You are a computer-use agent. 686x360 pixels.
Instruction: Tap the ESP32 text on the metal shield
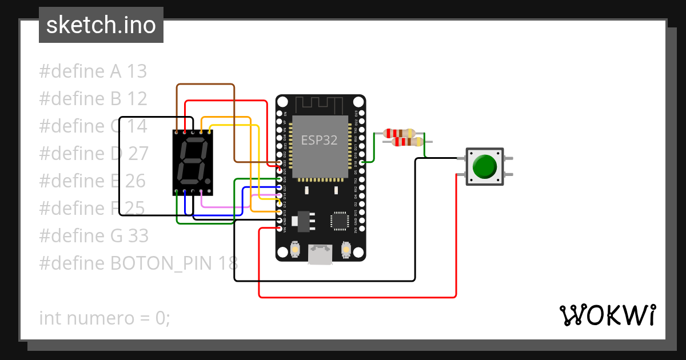pos(320,140)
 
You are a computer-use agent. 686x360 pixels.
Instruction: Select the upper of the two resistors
pos(400,133)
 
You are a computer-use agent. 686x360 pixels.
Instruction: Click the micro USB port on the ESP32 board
pos(320,254)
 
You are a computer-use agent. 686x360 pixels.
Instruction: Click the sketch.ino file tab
pos(101,25)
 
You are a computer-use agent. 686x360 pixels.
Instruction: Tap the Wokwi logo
pos(607,315)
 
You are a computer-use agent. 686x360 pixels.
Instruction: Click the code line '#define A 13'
pos(93,71)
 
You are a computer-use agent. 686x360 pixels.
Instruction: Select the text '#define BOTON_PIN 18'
pos(138,263)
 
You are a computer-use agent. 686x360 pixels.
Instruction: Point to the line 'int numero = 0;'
pos(105,318)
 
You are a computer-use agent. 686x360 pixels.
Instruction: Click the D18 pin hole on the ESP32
pos(362,163)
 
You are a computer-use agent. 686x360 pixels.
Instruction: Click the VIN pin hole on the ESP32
pos(280,229)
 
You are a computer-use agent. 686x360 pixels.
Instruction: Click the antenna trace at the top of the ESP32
pos(320,105)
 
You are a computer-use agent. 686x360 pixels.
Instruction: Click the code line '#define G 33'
pos(94,235)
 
